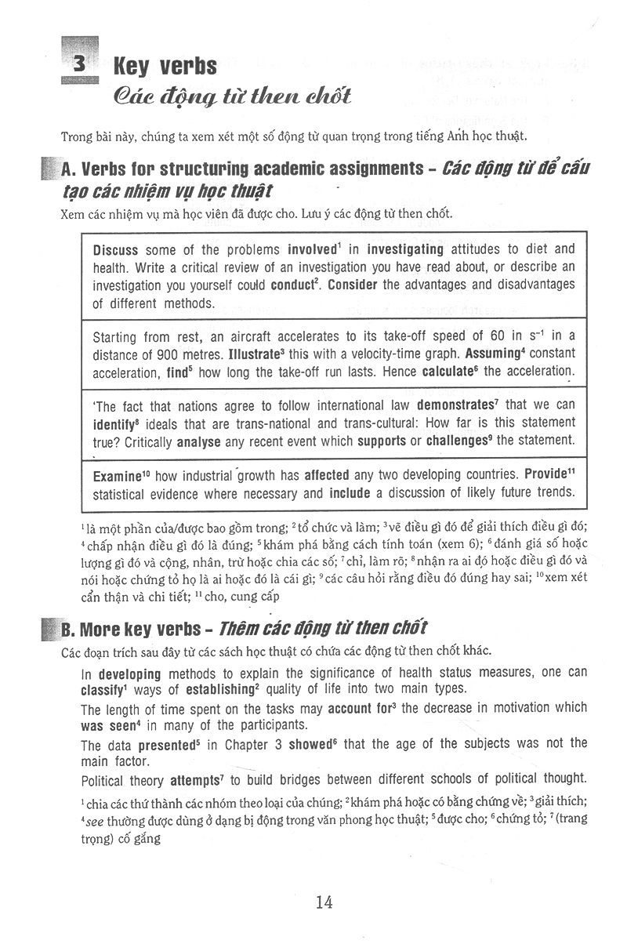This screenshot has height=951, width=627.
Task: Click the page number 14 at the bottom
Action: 324,902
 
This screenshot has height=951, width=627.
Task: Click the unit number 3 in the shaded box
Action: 80,65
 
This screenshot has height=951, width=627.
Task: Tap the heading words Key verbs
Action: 165,66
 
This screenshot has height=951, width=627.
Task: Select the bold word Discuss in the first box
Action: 115,250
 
